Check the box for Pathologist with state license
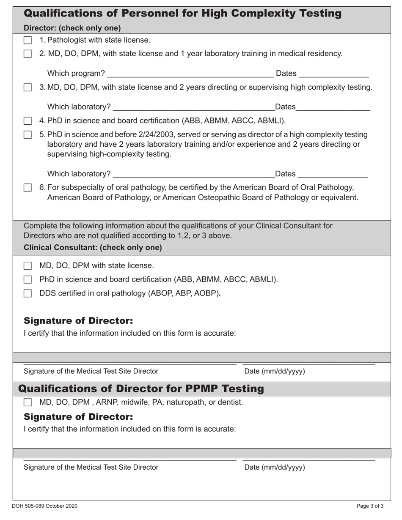tap(28, 41)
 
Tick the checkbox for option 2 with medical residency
tap(28, 54)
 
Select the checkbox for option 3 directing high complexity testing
tap(28, 88)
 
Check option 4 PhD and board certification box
tap(28, 121)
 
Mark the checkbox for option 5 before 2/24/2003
tap(28, 135)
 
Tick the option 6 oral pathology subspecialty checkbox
tap(28, 188)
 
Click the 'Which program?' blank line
tap(190, 74)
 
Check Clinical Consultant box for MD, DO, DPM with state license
tap(28, 266)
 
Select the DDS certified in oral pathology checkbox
tap(28, 293)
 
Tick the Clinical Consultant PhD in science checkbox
tap(28, 279)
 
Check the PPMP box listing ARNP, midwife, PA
tap(28, 402)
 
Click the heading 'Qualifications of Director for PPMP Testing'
tap(141, 389)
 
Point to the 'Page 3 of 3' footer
tap(370, 506)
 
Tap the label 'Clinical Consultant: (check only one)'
tap(93, 248)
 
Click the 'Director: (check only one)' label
tap(72, 28)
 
